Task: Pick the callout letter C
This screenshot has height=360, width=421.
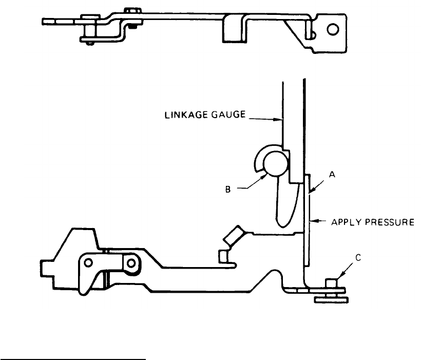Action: (358, 258)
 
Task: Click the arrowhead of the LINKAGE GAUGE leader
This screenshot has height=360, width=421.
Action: (280, 122)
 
